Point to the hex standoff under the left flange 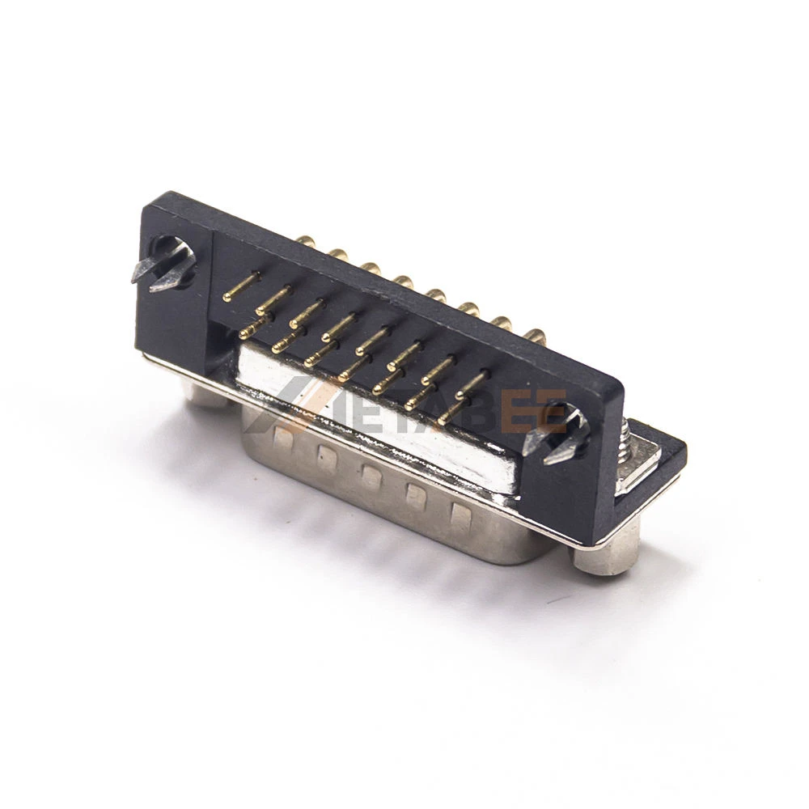(x=205, y=393)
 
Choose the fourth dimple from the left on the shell (x=415, y=495)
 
